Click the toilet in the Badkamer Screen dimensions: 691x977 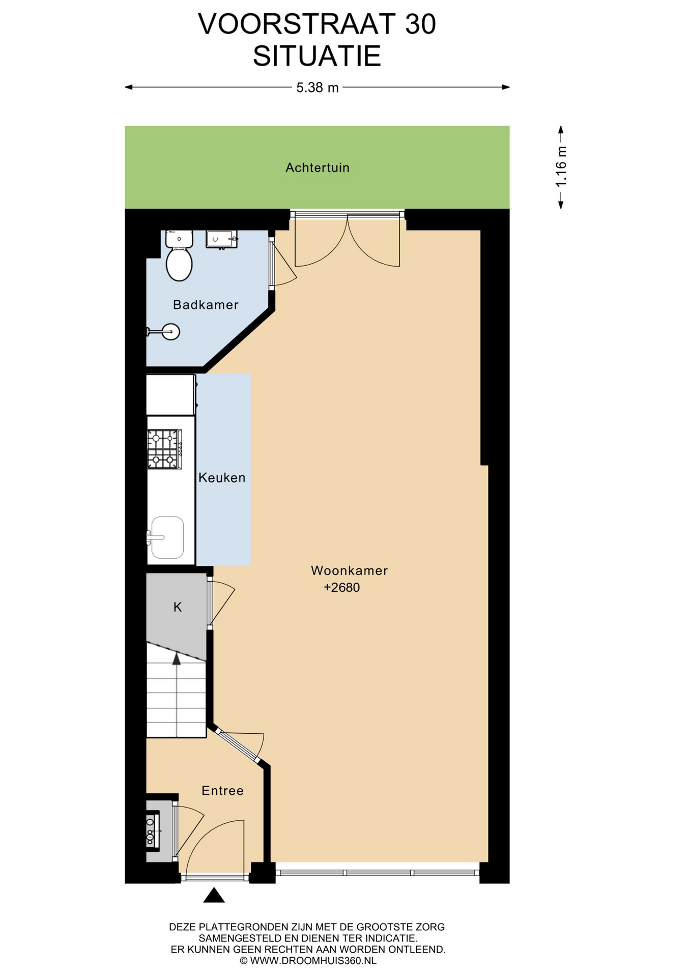(x=179, y=255)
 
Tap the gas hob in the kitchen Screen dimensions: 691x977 (x=164, y=449)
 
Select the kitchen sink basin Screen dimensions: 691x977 (x=167, y=537)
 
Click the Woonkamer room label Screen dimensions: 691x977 (x=349, y=570)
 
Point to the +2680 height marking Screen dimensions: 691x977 (x=342, y=588)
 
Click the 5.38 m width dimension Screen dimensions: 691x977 (x=318, y=88)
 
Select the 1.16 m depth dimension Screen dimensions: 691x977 (x=561, y=167)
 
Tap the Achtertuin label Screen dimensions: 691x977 (x=318, y=168)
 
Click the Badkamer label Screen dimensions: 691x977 (x=206, y=305)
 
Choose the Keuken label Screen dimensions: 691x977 (x=222, y=478)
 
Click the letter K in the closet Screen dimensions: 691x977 (x=178, y=607)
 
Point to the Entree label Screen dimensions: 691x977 (x=222, y=790)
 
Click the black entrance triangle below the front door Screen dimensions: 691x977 (x=214, y=895)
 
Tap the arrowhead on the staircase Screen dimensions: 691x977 (x=177, y=659)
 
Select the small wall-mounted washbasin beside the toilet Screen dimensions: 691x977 (x=221, y=239)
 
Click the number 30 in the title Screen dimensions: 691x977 (x=420, y=24)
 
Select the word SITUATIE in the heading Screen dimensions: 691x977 (x=317, y=56)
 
